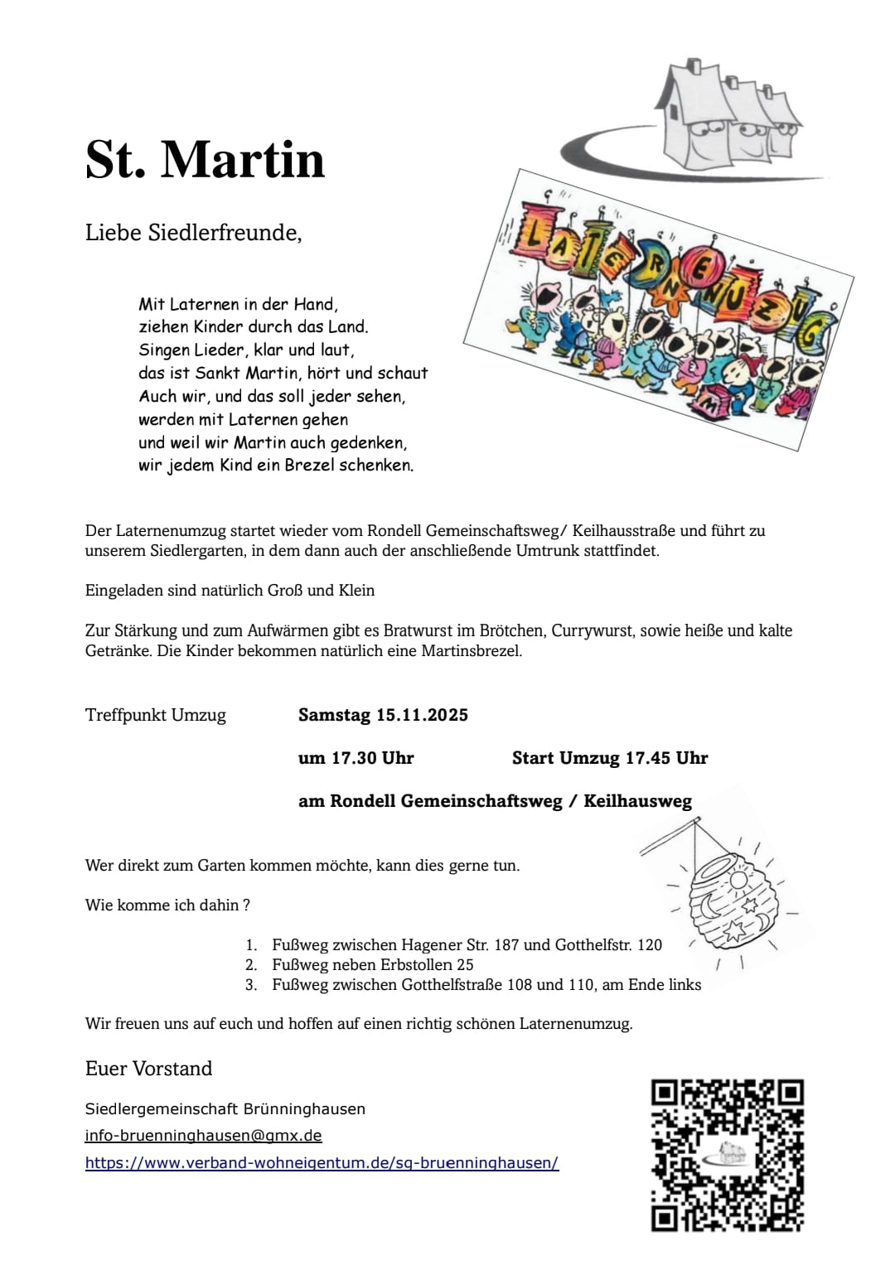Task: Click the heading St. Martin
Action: pos(205,159)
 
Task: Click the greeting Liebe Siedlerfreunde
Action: pos(193,233)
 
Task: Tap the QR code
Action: pos(727,1155)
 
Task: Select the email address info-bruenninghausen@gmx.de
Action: pos(203,1136)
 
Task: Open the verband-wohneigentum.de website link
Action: pos(322,1163)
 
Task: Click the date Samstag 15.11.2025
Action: pos(383,715)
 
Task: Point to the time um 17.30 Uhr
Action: pos(356,758)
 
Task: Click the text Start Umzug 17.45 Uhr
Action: pos(610,758)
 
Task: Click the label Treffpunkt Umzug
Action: pos(155,715)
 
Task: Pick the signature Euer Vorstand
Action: pos(148,1069)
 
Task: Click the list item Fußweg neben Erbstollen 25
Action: pos(372,965)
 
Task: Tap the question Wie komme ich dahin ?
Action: pos(167,905)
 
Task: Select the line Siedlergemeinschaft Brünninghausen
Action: pos(225,1108)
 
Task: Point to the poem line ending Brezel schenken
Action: pos(276,466)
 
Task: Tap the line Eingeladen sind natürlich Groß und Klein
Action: pos(230,591)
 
